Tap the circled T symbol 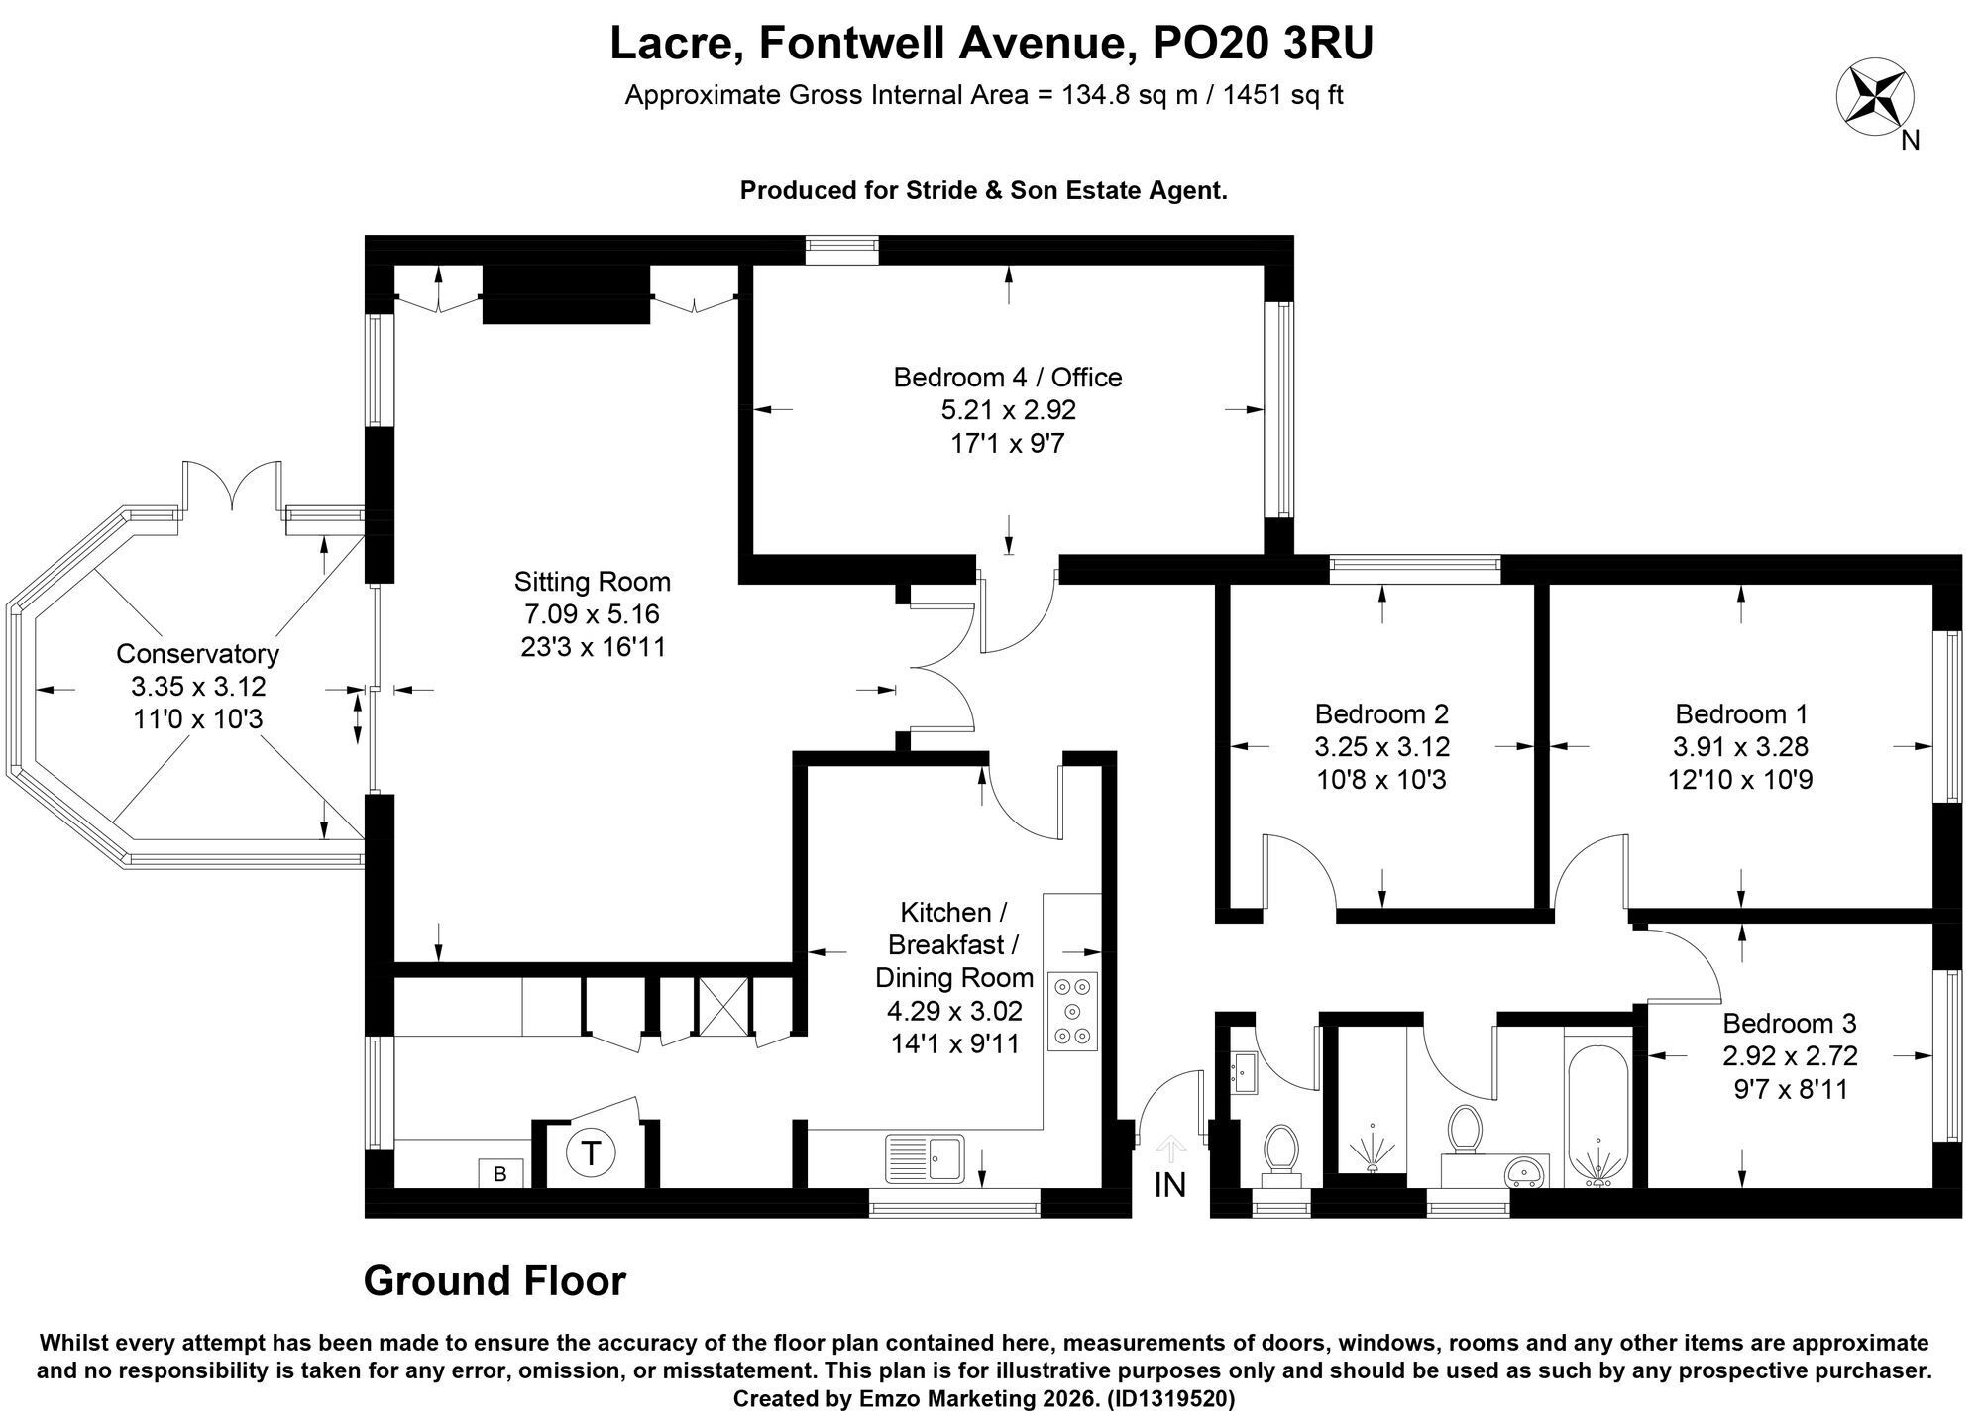[x=592, y=1153]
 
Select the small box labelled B [x=500, y=1173]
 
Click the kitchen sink [x=925, y=1157]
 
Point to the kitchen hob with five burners [x=1073, y=1012]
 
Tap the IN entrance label [x=1170, y=1184]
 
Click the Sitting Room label [x=593, y=582]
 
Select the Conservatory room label [x=198, y=654]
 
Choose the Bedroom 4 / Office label [x=1008, y=378]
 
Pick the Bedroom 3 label [x=1790, y=1023]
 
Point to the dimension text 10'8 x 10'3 [x=1382, y=780]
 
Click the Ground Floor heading [x=495, y=1281]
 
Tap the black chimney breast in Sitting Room [x=566, y=293]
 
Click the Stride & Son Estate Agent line [x=984, y=191]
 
